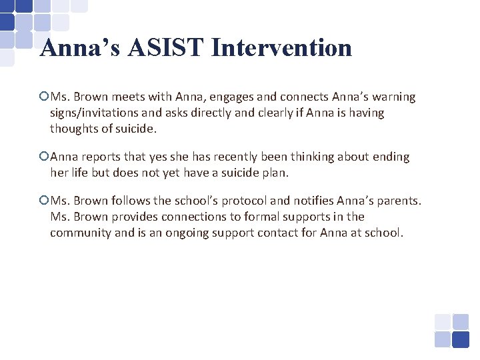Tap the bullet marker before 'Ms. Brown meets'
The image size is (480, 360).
coord(44,97)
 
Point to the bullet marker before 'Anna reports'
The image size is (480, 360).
coord(44,157)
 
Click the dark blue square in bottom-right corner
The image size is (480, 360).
coord(461,339)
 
